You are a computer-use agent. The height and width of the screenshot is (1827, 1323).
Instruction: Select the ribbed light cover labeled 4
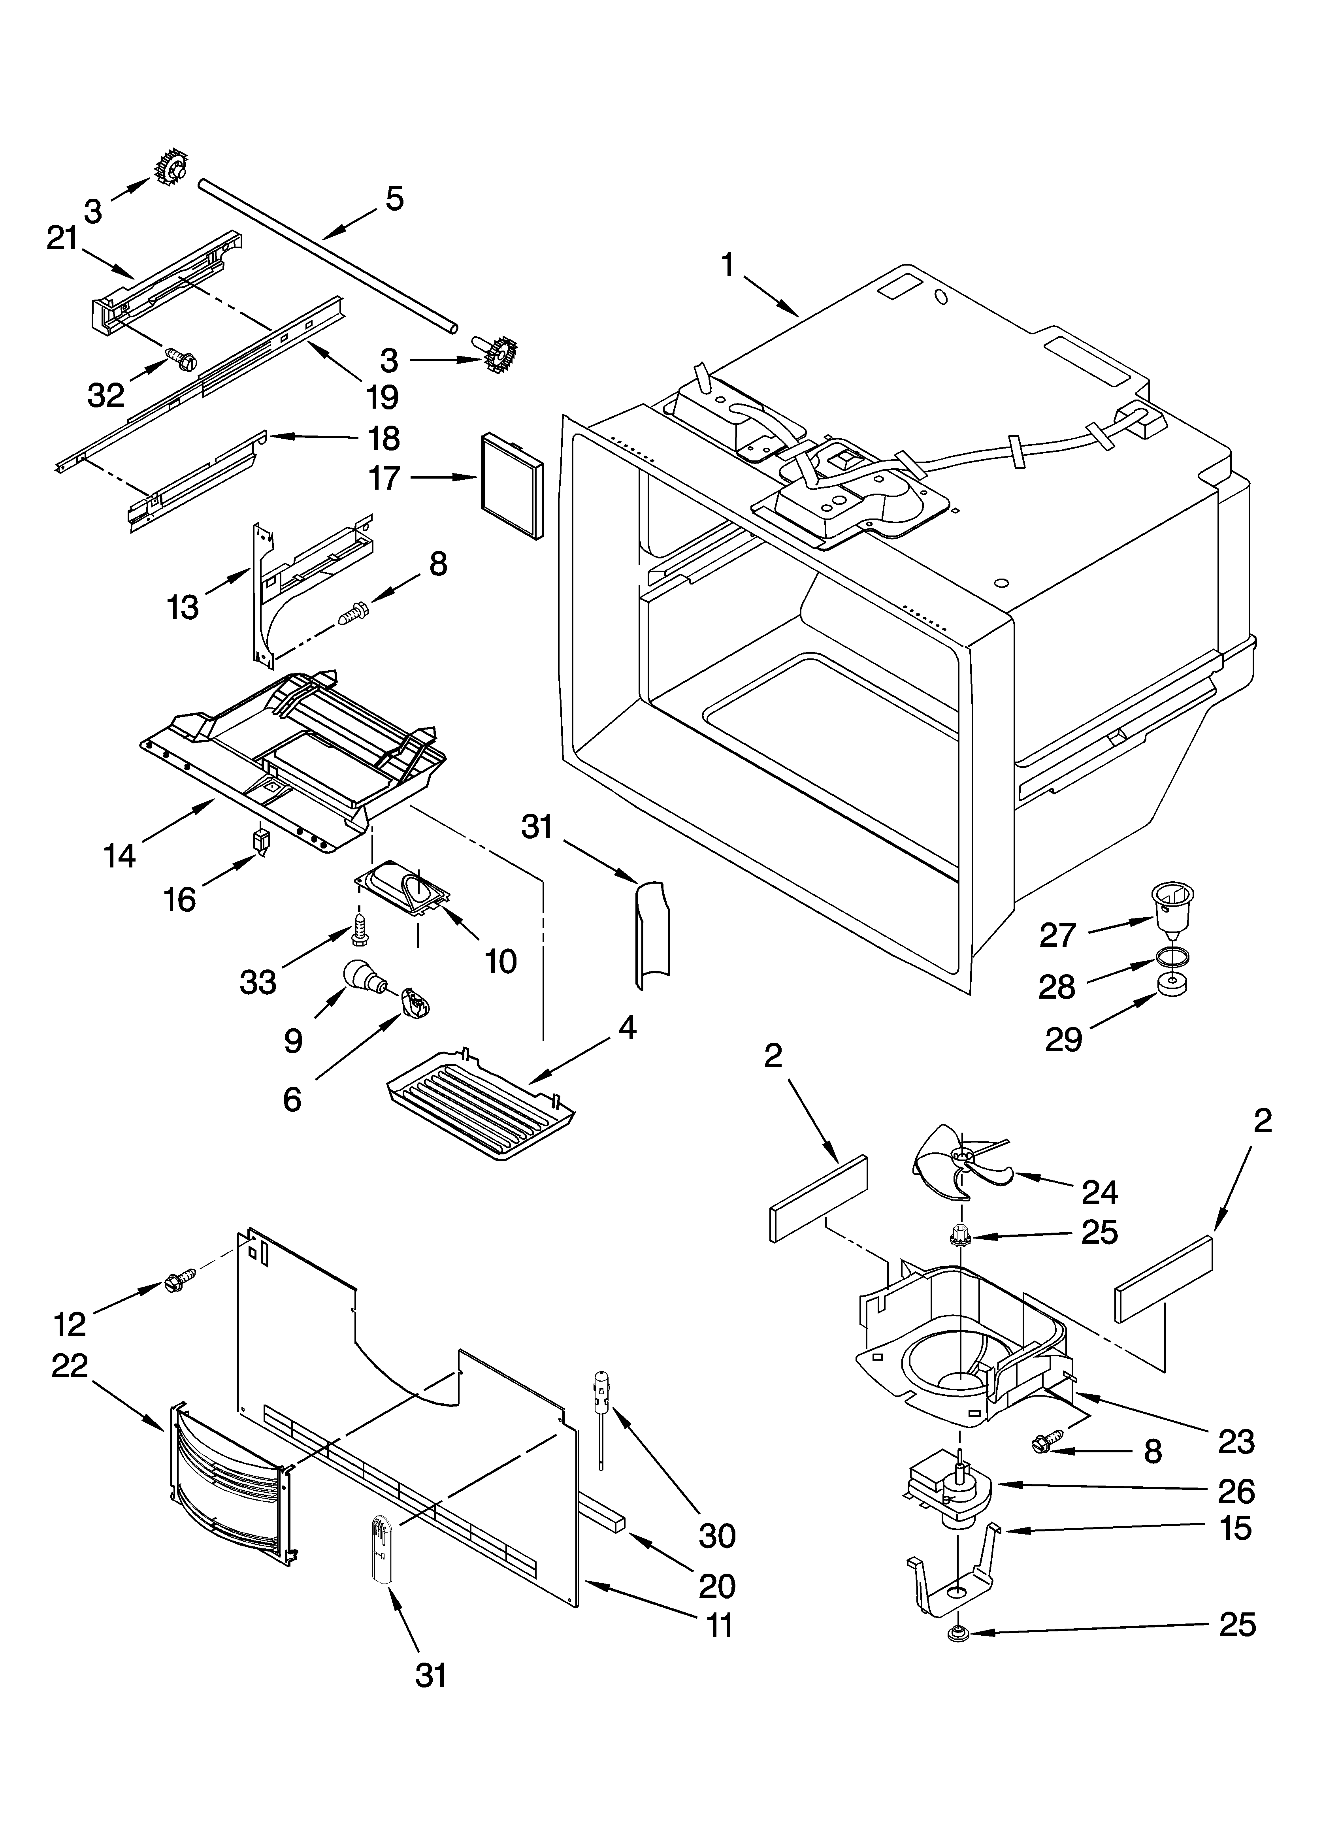pos(481,1103)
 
